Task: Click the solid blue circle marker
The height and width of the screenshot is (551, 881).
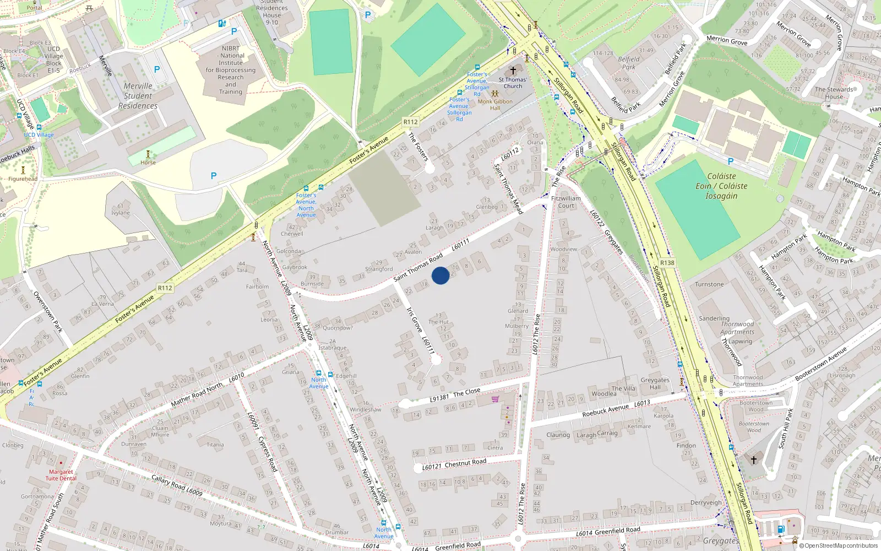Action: [x=440, y=275]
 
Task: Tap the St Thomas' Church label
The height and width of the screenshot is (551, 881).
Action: [x=513, y=83]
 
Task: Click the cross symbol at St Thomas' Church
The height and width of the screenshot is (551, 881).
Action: [x=513, y=71]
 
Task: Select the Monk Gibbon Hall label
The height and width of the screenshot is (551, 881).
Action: [x=495, y=104]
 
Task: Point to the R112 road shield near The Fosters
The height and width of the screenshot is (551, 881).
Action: [x=411, y=122]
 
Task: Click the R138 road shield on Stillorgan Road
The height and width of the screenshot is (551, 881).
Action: [x=667, y=263]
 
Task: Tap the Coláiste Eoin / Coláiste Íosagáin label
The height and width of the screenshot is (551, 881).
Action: [x=721, y=186]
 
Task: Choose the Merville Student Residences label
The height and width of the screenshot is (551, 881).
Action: [x=138, y=96]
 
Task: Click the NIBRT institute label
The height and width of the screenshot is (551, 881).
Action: [x=231, y=70]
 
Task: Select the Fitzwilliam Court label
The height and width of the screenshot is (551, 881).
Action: [x=566, y=202]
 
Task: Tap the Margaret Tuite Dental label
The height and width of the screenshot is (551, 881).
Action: [x=61, y=475]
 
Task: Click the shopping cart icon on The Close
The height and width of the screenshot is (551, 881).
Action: [x=495, y=399]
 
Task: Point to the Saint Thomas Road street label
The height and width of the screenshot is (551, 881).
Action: [x=418, y=267]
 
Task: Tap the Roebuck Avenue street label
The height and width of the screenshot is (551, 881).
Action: [x=605, y=410]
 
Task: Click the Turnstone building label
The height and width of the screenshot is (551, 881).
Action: [x=709, y=284]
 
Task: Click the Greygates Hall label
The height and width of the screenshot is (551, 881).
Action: [x=655, y=383]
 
